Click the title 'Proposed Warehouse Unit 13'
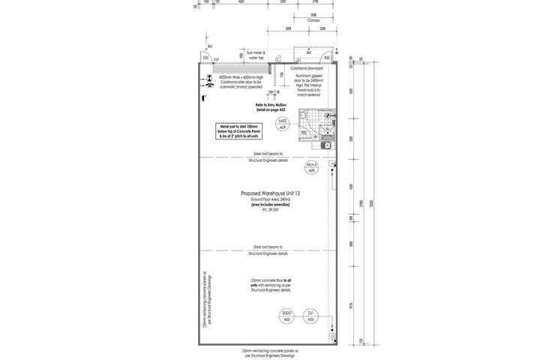pyautogui.click(x=270, y=193)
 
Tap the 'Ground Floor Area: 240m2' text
pyautogui.click(x=270, y=199)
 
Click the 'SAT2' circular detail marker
pyautogui.click(x=283, y=124)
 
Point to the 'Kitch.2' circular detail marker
pyautogui.click(x=311, y=166)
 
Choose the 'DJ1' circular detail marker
pyautogui.click(x=310, y=315)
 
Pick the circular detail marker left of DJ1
pyautogui.click(x=286, y=315)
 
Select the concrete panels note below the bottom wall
pyautogui.click(x=270, y=352)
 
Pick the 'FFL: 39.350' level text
pyautogui.click(x=270, y=210)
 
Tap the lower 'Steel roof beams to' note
pyautogui.click(x=270, y=250)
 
